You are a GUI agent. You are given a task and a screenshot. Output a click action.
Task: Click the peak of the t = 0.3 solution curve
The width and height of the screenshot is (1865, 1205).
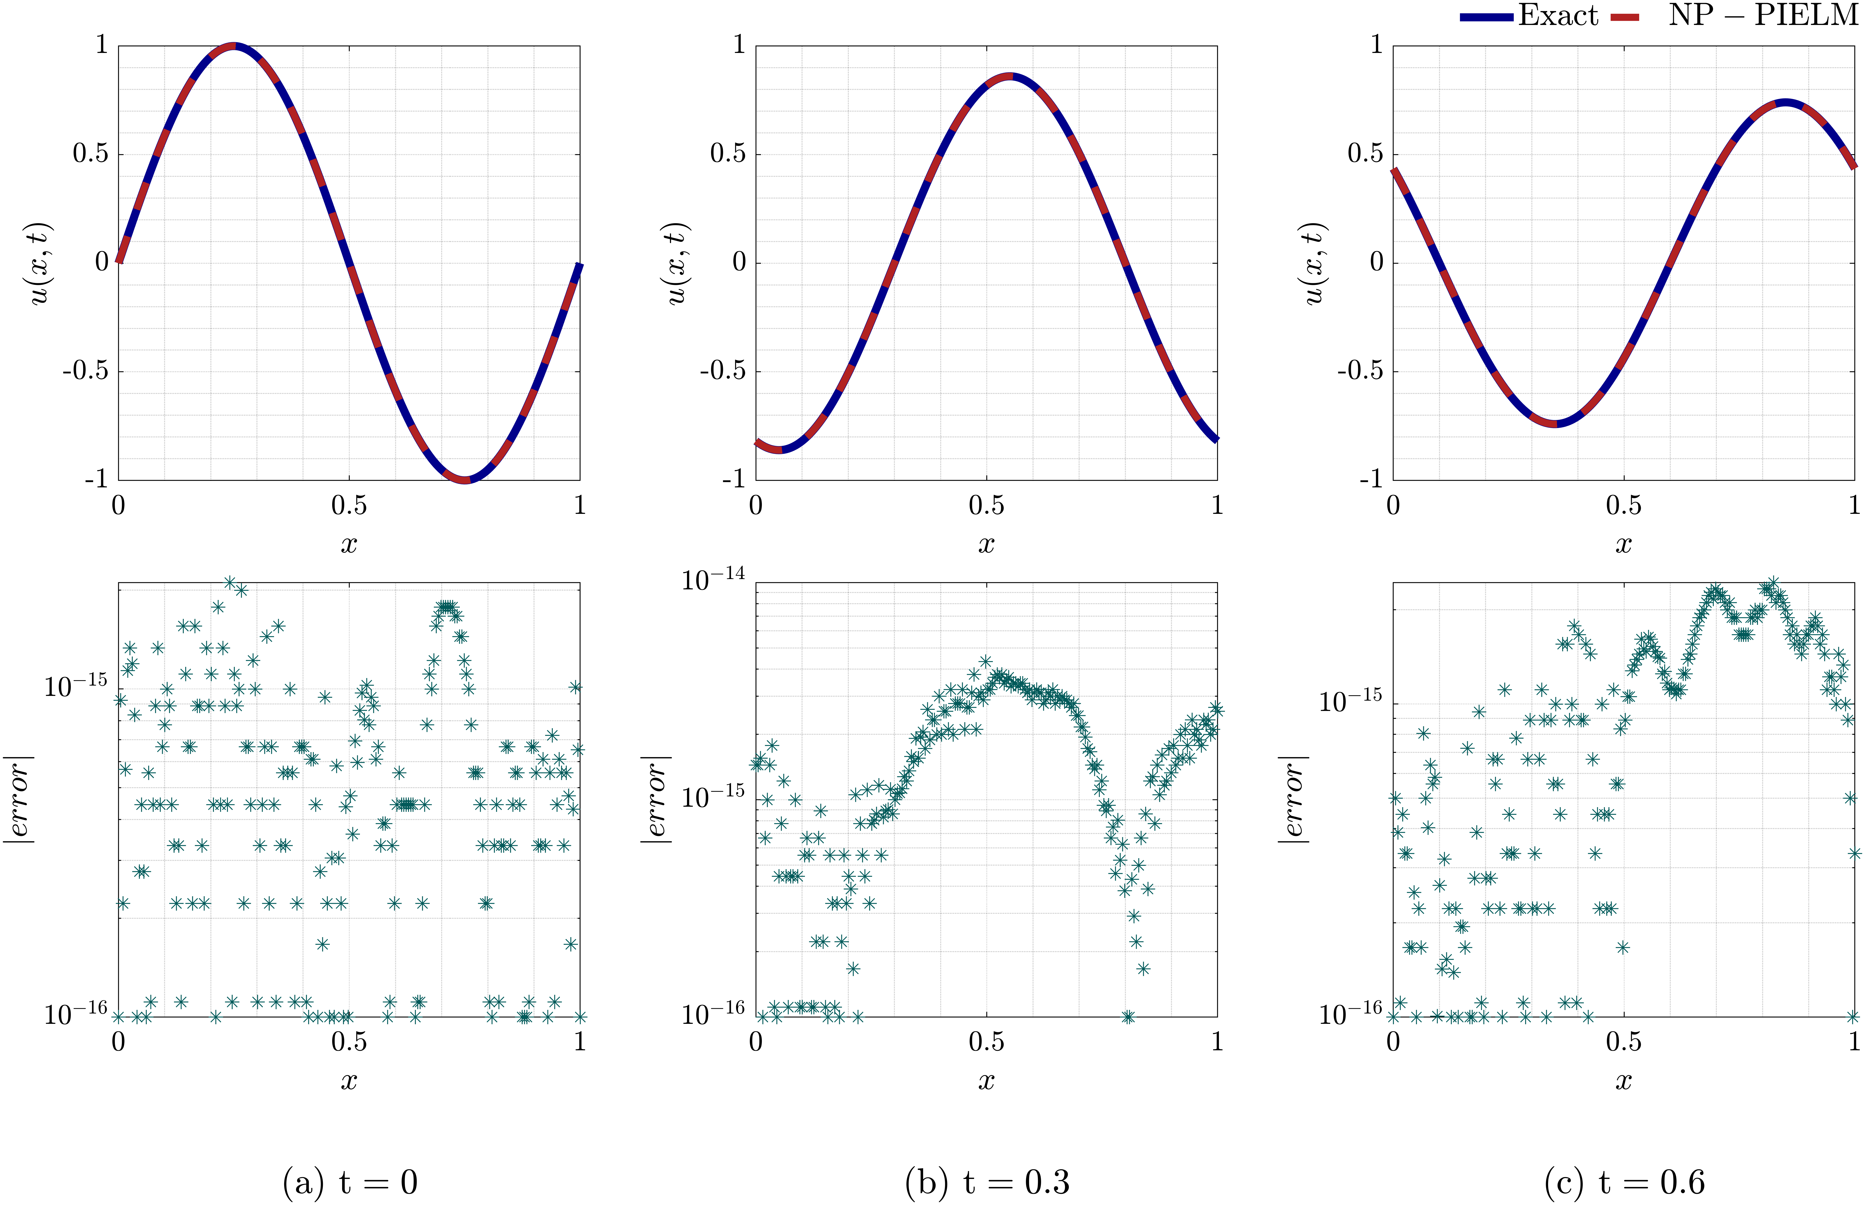[x=1010, y=76]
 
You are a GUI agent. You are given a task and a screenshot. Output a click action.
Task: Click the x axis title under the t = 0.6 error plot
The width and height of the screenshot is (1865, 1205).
[x=1624, y=1081]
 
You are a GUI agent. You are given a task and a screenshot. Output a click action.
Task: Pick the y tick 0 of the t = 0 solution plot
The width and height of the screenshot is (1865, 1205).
[x=102, y=262]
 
